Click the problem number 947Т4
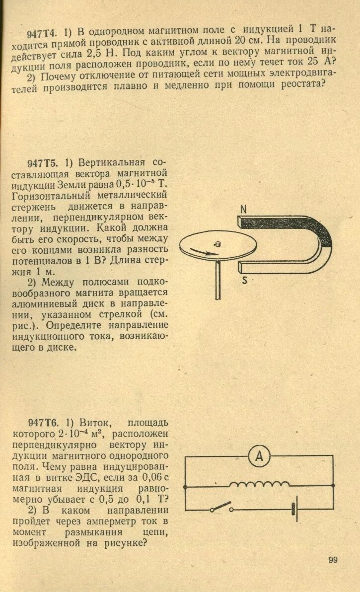43,33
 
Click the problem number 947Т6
44,423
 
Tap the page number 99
333,560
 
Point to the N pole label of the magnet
243,210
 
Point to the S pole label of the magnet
245,280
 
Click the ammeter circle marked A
259,457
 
